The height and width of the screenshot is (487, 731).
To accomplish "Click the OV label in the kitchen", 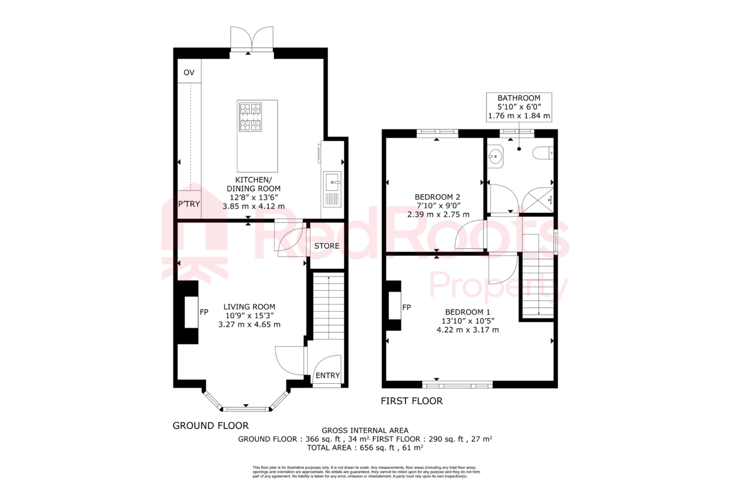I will pyautogui.click(x=189, y=73).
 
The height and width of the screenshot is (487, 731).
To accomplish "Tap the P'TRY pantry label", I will pyautogui.click(x=189, y=204).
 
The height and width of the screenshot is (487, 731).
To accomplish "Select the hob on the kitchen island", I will pyautogui.click(x=250, y=117).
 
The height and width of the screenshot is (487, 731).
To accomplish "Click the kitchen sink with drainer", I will pyautogui.click(x=332, y=189).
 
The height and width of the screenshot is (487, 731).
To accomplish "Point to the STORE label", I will pyautogui.click(x=327, y=246).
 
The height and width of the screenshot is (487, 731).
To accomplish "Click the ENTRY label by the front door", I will pyautogui.click(x=327, y=376).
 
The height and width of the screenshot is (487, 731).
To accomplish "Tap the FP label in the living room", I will pyautogui.click(x=204, y=312).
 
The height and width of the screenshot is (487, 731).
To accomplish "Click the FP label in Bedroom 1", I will pyautogui.click(x=407, y=307).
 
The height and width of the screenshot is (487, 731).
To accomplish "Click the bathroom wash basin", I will pyautogui.click(x=495, y=156).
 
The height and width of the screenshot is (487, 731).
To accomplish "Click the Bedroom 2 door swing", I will pyautogui.click(x=470, y=235).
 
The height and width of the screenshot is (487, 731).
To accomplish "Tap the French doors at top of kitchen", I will pyautogui.click(x=252, y=39).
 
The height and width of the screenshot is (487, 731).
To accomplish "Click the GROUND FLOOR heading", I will pyautogui.click(x=211, y=426).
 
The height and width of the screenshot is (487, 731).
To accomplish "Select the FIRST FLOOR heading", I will pyautogui.click(x=412, y=401).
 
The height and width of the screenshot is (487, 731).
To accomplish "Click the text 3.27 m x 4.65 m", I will pyautogui.click(x=249, y=325).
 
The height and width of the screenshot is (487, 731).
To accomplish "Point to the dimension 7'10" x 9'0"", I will pyautogui.click(x=438, y=206).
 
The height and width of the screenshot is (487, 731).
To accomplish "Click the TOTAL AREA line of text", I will pyautogui.click(x=365, y=448).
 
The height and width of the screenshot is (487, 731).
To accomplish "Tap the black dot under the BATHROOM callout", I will pyautogui.click(x=519, y=149).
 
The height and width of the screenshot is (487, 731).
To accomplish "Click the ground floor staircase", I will pyautogui.click(x=328, y=307).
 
